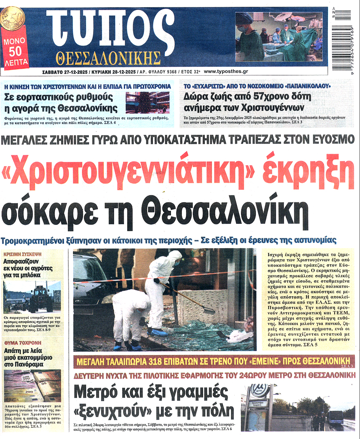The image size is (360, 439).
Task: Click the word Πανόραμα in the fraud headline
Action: click(25, 364)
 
